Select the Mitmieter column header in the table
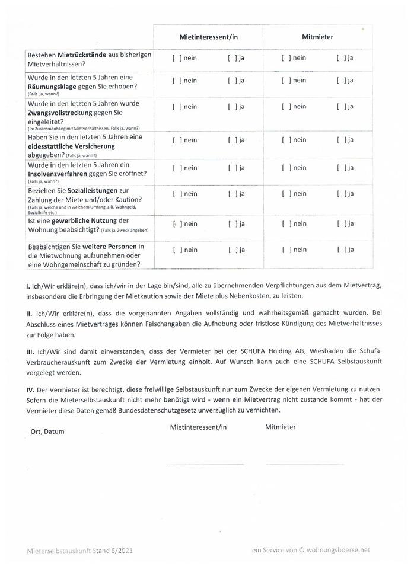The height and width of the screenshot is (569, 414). [317, 37]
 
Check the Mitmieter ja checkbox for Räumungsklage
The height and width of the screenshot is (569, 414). [340, 80]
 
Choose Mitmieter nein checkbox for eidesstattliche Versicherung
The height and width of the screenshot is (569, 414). [285, 140]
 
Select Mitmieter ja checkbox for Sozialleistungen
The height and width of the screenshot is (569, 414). [340, 194]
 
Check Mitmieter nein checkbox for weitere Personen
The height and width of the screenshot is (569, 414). [285, 250]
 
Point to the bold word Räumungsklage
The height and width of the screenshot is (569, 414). [55, 87]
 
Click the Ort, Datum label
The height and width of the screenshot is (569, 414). [47, 431]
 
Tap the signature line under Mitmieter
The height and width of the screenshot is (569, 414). [297, 464]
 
